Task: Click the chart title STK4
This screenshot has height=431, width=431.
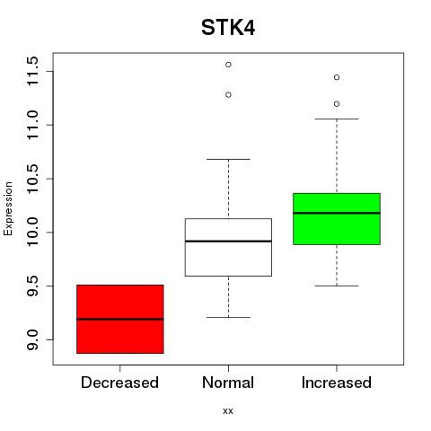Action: coord(228,28)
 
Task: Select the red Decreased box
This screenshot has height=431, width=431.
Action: coord(120,319)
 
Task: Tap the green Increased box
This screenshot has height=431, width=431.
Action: coord(337,219)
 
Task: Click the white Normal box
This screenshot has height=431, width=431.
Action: coord(228,247)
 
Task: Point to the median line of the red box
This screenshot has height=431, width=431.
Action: coord(120,319)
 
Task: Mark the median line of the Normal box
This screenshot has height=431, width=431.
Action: coord(228,241)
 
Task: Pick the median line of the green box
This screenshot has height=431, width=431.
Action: coord(337,213)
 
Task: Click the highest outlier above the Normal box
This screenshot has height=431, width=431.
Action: coord(228,65)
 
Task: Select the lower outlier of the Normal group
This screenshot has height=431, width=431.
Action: coord(228,95)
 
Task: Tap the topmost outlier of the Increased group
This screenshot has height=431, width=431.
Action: coord(337,77)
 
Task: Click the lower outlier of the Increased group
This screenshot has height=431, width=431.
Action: coord(337,104)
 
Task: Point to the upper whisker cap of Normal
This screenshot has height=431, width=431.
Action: coord(228,159)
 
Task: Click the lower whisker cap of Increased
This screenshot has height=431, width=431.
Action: coord(337,286)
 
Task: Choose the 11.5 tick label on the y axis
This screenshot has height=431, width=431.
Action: coord(32,71)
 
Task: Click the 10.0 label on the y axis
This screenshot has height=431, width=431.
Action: coord(32,232)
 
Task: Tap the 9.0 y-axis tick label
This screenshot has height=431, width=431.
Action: coord(32,339)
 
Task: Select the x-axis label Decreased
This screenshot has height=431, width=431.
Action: coord(119,383)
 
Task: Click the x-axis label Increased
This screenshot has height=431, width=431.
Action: coord(337,383)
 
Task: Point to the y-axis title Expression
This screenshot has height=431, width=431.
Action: coord(8,208)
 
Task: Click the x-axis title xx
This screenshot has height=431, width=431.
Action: coord(228,411)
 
